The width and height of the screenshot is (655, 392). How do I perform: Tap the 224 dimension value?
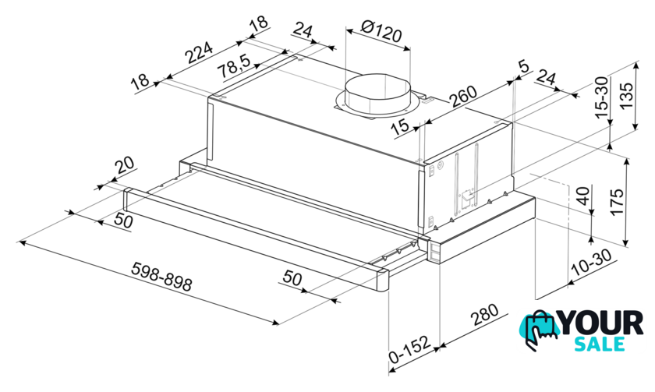(199, 52)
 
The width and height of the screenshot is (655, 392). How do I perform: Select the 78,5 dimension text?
(235, 66)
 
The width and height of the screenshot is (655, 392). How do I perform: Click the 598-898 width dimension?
(161, 277)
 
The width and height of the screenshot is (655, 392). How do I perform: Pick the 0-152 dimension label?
(409, 349)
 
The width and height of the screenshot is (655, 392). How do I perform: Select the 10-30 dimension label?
(593, 263)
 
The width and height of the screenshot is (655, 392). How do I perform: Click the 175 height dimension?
(617, 202)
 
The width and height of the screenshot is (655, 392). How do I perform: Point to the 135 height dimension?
(627, 95)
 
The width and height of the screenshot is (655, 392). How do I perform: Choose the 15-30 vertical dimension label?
(601, 97)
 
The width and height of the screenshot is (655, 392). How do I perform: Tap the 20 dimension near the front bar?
(126, 165)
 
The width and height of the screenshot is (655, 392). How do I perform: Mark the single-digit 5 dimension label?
(523, 66)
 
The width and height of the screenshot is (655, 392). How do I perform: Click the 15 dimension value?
(401, 125)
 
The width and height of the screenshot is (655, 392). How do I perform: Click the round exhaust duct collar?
(377, 95)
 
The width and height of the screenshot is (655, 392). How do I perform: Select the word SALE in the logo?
(600, 344)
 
